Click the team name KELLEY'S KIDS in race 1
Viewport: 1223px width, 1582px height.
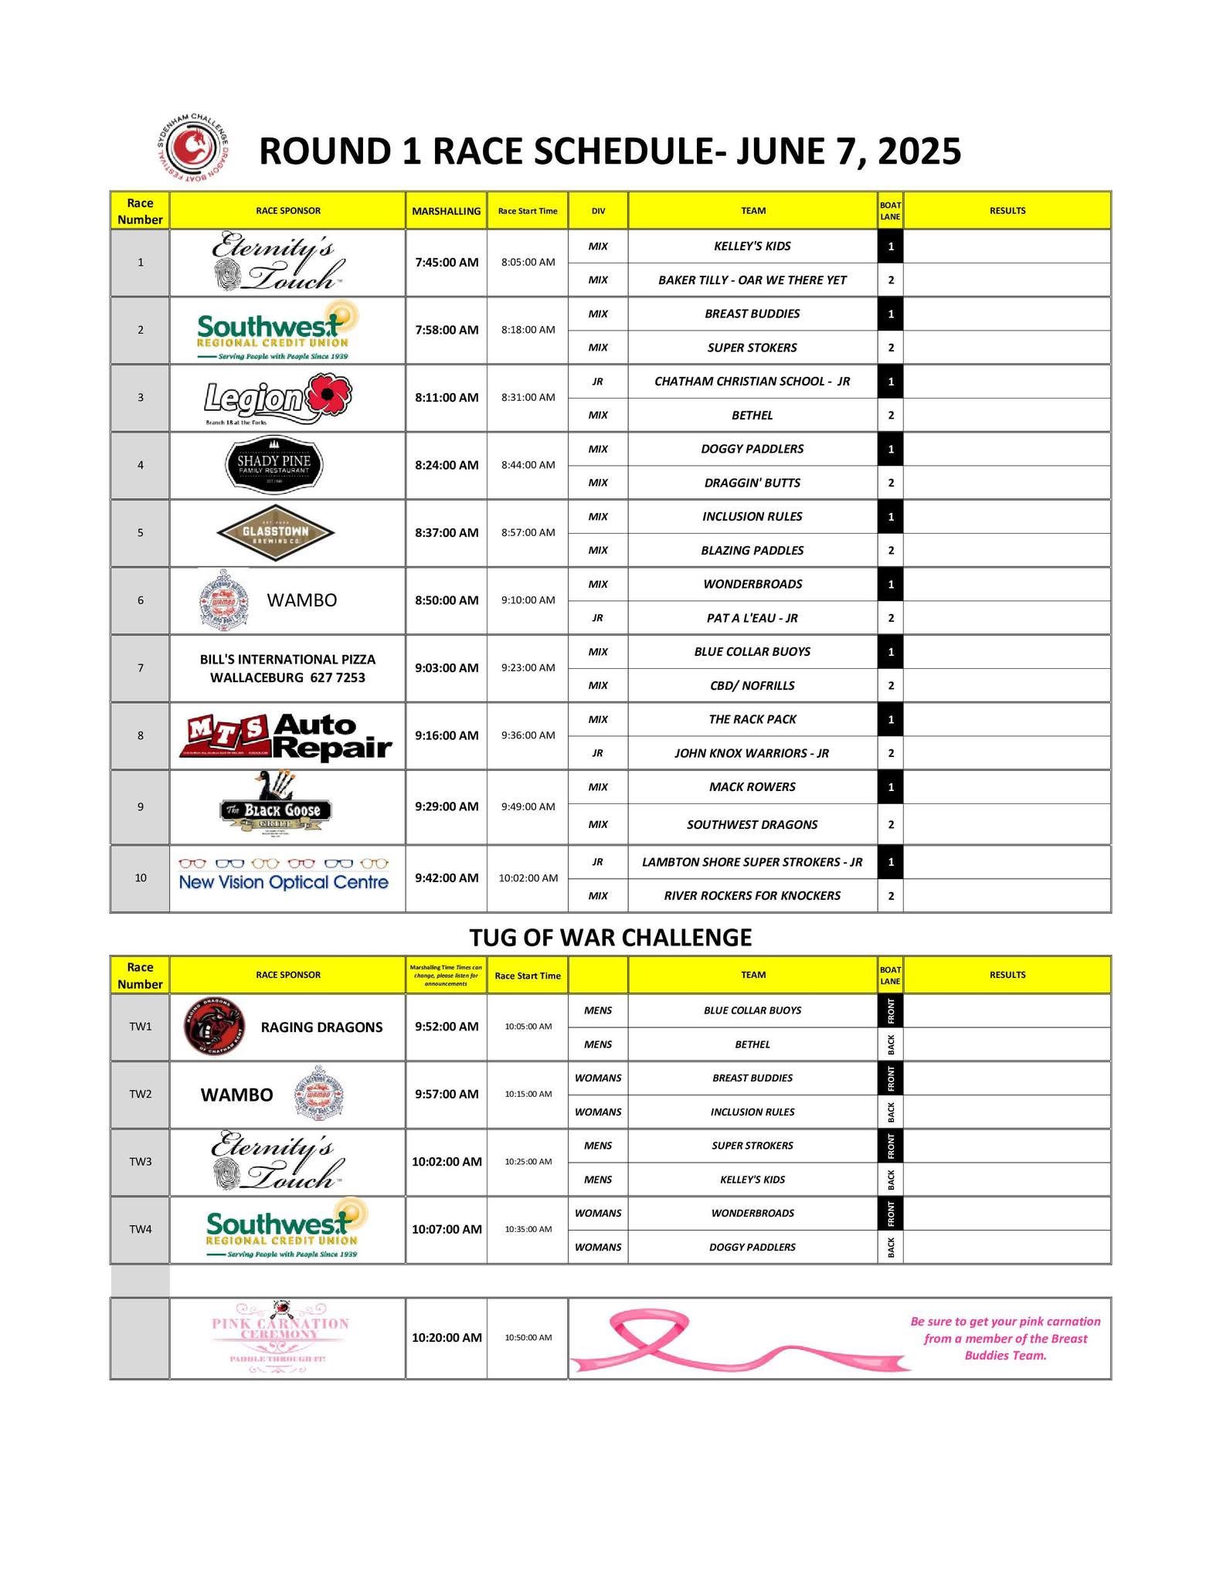752,246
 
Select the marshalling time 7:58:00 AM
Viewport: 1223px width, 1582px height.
447,330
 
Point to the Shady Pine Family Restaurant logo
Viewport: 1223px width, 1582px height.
273,465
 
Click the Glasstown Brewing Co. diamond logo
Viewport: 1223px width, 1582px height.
276,532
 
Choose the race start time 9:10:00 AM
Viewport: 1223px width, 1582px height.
528,600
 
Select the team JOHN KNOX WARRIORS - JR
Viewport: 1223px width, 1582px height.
752,753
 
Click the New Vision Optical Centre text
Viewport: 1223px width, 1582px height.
284,882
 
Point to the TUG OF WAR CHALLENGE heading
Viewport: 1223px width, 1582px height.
610,937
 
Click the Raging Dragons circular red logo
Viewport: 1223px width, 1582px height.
216,1027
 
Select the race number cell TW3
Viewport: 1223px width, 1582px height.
141,1162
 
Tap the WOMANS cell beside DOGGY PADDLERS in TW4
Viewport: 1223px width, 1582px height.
598,1247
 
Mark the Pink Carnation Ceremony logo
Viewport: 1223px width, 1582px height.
280,1337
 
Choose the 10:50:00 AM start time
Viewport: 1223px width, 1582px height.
528,1338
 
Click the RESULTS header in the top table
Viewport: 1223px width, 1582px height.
1007,211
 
